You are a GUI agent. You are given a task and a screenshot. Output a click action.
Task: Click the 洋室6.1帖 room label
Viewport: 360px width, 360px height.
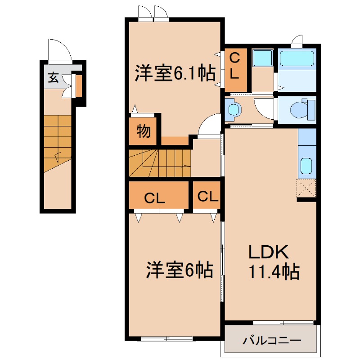tap(175, 73)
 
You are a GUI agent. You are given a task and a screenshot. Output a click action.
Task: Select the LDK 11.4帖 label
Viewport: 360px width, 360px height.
tap(274, 262)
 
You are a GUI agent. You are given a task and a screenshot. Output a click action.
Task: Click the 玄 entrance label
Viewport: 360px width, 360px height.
tap(53, 77)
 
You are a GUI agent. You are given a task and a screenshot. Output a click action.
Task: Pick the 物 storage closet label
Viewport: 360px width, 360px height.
tap(144, 131)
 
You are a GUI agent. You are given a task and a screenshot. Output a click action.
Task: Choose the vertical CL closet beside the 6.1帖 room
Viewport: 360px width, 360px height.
tap(235, 70)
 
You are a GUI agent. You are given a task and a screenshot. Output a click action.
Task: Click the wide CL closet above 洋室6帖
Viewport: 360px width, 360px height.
tap(159, 195)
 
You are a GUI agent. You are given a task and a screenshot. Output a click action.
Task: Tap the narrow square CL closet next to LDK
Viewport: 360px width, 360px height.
tap(207, 195)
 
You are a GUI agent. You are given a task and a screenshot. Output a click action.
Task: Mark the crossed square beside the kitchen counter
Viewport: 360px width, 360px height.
tap(306, 188)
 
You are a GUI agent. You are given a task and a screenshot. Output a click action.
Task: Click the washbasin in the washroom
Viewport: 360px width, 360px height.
tap(233, 110)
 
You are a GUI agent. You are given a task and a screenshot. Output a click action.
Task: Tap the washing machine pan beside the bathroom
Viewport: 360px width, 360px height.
tap(262, 58)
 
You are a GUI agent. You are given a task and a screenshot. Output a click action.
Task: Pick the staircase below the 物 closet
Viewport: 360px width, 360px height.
tap(160, 163)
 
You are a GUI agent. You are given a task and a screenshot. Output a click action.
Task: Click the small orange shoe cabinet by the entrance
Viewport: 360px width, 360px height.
tap(79, 86)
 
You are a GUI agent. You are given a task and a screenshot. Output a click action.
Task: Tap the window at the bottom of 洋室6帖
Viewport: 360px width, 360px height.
tap(167, 339)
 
